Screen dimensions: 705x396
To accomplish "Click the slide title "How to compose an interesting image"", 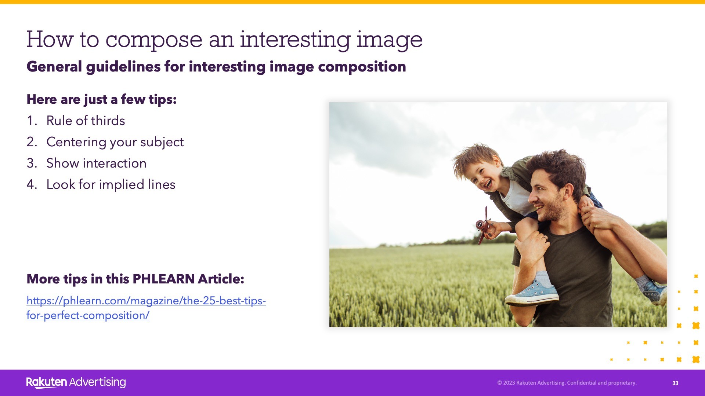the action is coord(224,40).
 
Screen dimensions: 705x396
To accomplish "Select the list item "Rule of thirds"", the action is coord(86,121).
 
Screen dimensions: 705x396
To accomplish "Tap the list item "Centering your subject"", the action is coord(115,142).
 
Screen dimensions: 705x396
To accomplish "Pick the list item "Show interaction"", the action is coord(96,163).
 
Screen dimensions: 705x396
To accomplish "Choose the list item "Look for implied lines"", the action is coord(111,184).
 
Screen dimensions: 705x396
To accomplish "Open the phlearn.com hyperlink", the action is coord(146,308).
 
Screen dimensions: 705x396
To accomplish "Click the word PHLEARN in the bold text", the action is coord(164,279).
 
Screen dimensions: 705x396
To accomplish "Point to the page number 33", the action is coord(675,383).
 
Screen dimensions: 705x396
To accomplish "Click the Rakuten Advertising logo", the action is coord(76,382).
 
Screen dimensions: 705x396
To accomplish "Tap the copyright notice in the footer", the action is coord(567,383).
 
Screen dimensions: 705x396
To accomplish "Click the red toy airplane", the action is coord(484,225).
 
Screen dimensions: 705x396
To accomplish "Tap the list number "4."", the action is coord(32,184).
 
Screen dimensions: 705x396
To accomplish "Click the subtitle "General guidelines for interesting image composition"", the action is coord(216,67).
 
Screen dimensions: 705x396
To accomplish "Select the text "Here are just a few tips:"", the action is coord(102,99).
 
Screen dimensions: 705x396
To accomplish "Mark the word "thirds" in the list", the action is coord(108,121).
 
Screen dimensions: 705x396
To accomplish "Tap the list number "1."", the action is coord(32,121).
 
